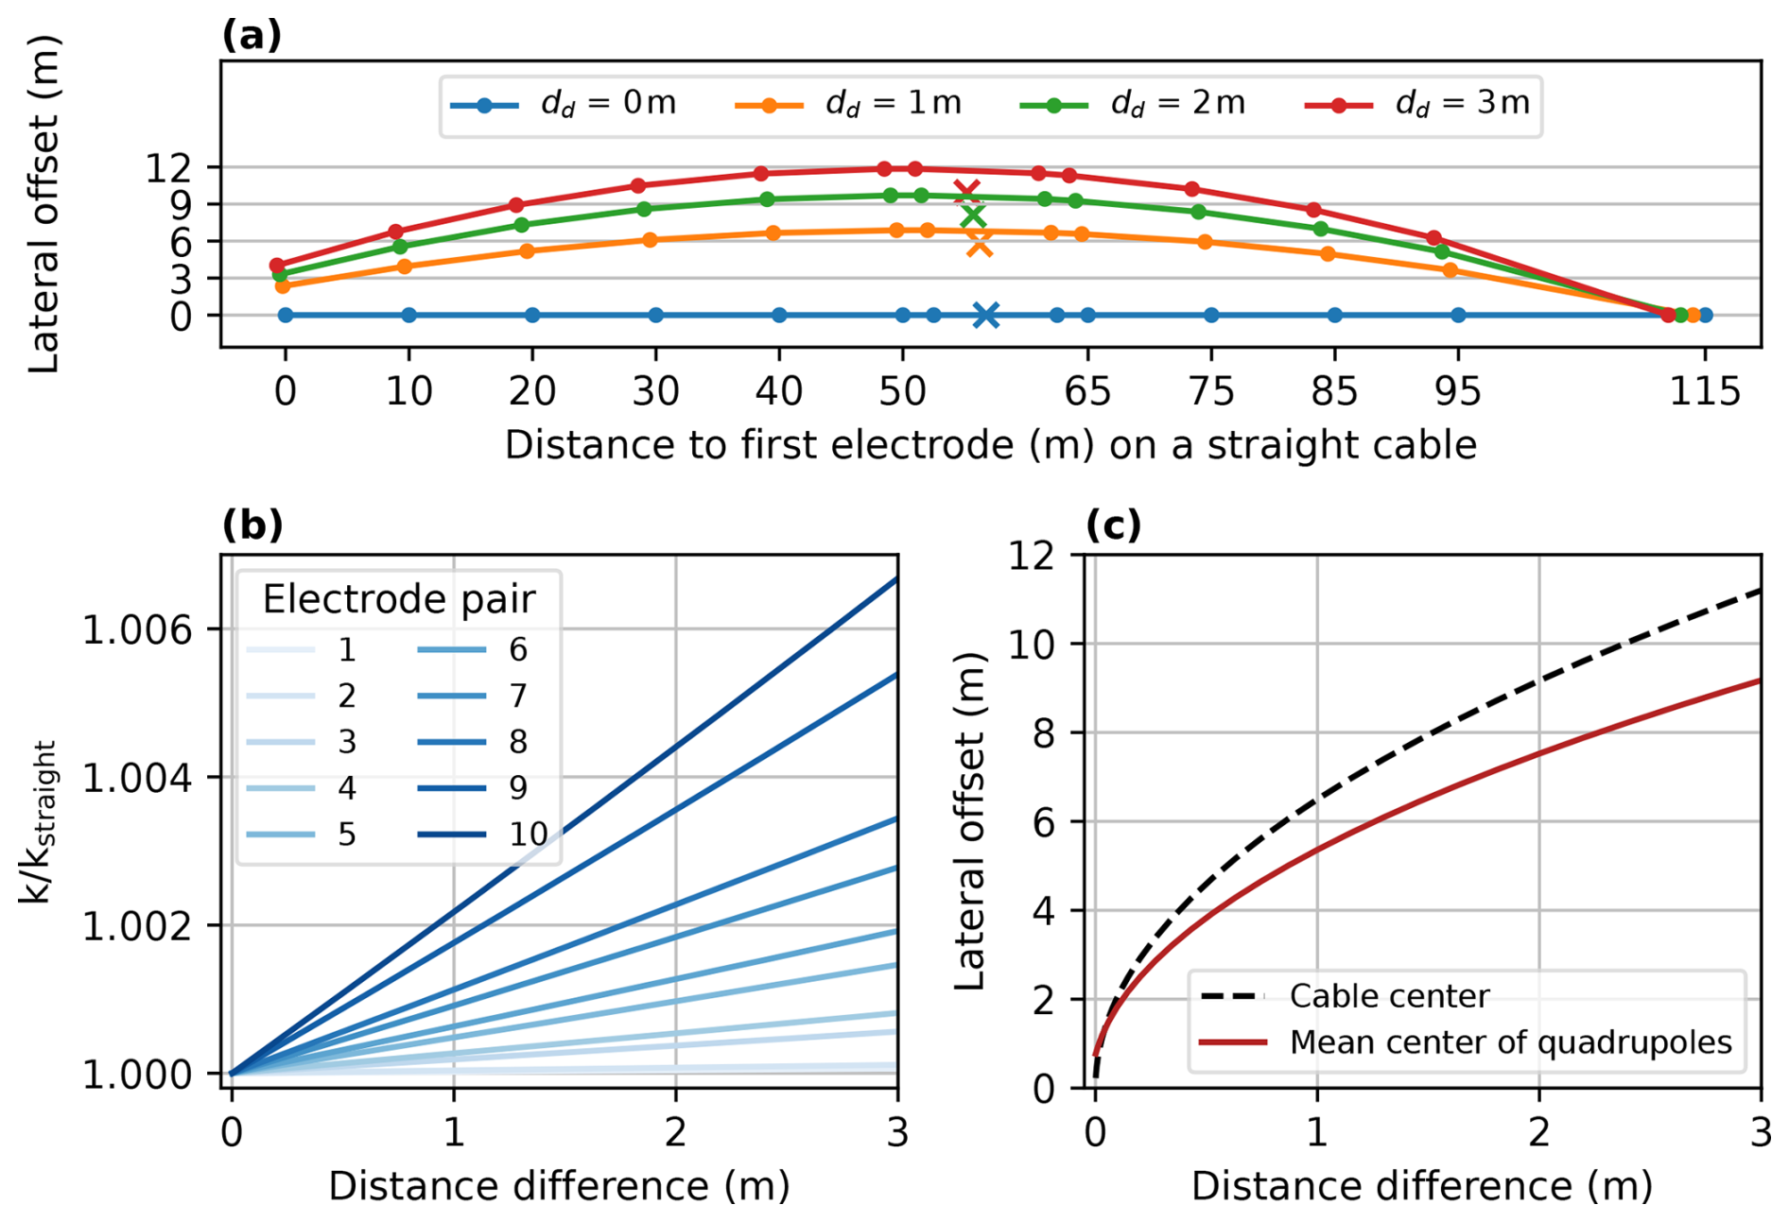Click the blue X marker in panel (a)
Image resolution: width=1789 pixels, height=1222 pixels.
(985, 316)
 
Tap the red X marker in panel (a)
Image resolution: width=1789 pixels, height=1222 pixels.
(966, 193)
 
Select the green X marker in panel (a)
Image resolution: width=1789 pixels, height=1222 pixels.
(972, 216)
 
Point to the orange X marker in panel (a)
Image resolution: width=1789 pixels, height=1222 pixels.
(980, 245)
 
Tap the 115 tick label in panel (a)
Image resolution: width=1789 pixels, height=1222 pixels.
(1705, 390)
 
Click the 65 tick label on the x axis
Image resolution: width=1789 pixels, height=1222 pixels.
(1087, 390)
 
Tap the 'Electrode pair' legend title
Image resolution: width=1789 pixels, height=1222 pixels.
(398, 599)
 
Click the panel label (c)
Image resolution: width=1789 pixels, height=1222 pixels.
(1113, 525)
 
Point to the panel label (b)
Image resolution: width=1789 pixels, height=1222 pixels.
(252, 525)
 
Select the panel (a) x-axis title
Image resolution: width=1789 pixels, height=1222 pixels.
(990, 444)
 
